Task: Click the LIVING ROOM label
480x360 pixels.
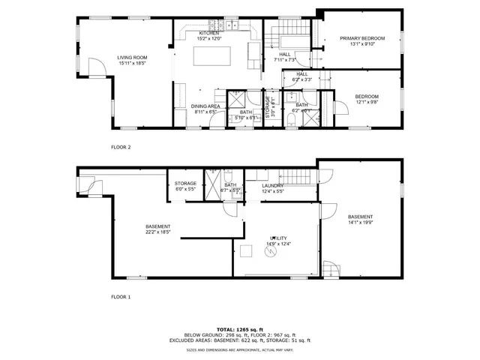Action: click(131, 57)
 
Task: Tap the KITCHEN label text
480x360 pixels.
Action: click(208, 33)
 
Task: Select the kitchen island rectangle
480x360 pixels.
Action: click(212, 57)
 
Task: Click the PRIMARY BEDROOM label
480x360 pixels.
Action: click(361, 38)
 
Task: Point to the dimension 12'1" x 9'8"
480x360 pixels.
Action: click(366, 102)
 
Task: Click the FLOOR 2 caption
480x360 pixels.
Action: click(121, 147)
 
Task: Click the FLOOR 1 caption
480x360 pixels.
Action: click(121, 297)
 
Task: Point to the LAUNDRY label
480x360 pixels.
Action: click(272, 185)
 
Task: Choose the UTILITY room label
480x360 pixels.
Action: click(278, 238)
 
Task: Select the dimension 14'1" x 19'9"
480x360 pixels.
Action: click(360, 222)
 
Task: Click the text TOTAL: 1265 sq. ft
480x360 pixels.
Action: click(240, 329)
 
